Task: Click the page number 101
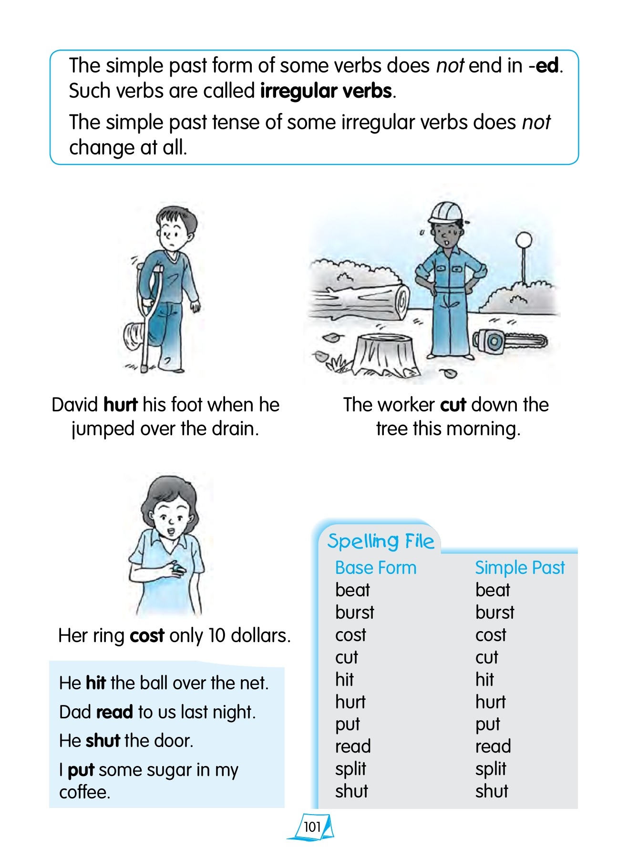[x=312, y=827]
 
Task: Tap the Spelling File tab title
[x=380, y=541]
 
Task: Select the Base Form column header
[x=376, y=568]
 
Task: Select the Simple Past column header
[x=520, y=568]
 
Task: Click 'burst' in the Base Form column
[x=355, y=613]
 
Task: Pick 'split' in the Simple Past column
[x=491, y=769]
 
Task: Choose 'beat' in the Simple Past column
[x=493, y=590]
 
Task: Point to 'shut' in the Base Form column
[x=351, y=791]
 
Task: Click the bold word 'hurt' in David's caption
[x=120, y=405]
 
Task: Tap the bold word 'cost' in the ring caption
[x=147, y=635]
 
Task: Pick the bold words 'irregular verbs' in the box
[x=326, y=91]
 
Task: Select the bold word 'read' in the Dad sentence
[x=114, y=712]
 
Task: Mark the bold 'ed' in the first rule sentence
[x=547, y=65]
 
